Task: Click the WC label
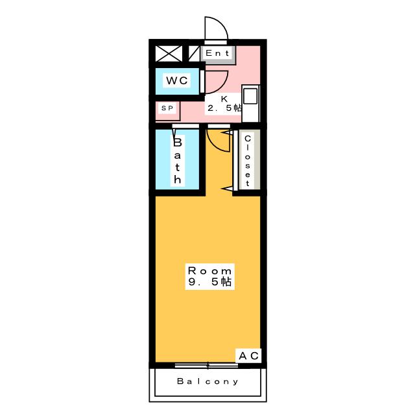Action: coord(176,80)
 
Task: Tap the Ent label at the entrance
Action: coord(217,53)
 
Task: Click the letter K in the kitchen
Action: coord(224,99)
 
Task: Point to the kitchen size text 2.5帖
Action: coord(224,108)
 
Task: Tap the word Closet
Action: coord(247,160)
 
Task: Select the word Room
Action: coord(209,270)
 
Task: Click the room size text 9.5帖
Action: coord(209,282)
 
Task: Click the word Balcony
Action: coord(207,382)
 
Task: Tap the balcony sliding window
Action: coord(207,364)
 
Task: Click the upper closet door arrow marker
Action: coord(228,132)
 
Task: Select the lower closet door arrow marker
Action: coord(228,188)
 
